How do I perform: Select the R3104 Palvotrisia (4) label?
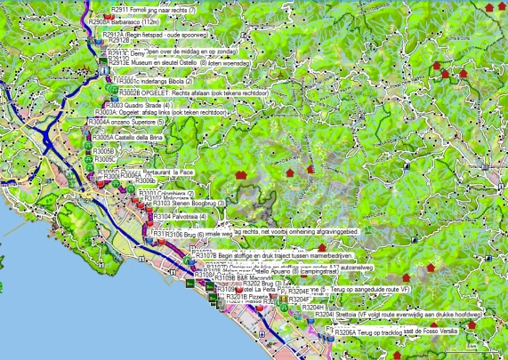tap(181, 216)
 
